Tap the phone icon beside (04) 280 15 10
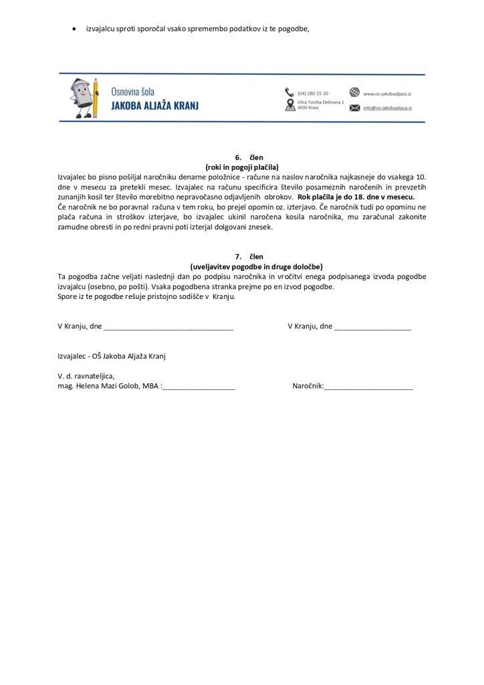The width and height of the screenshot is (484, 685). [289, 92]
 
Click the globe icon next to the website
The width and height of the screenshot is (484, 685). [354, 92]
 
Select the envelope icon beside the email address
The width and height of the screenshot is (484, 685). [354, 107]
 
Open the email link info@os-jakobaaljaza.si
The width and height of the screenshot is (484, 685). [388, 108]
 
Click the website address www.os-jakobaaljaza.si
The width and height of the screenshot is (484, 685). [388, 93]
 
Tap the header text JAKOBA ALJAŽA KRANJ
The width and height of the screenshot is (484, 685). [154, 106]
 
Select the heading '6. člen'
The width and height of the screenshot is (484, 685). [241, 157]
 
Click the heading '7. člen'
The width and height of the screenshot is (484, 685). [241, 256]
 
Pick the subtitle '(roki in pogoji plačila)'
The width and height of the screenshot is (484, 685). [241, 167]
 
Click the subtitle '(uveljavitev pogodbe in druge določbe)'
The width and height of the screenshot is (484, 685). [241, 266]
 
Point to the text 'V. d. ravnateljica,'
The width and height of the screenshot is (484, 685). [86, 377]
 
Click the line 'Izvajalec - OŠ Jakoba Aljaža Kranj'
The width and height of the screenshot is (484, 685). [112, 357]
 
